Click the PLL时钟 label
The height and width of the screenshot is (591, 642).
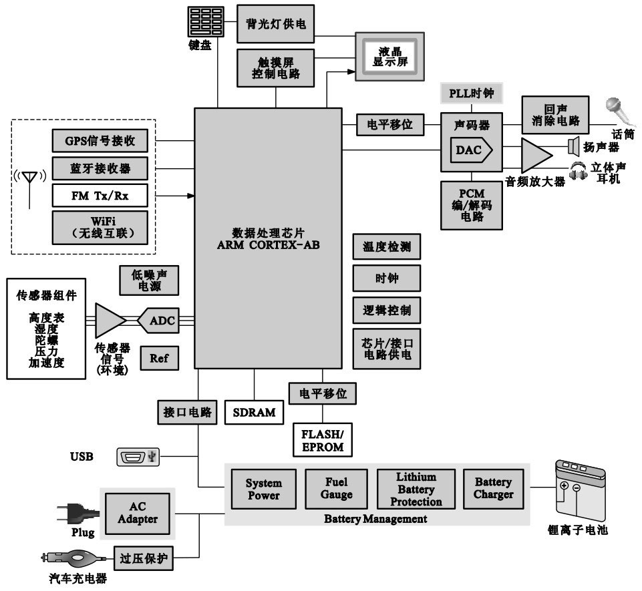click(471, 93)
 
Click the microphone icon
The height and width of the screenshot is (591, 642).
click(615, 108)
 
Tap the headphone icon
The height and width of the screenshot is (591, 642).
click(578, 170)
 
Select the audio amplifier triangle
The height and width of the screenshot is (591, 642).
click(536, 156)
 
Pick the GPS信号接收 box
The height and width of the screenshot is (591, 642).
click(100, 141)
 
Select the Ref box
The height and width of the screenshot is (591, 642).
click(159, 358)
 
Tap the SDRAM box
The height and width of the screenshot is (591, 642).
click(254, 412)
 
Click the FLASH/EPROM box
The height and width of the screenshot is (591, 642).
click(322, 440)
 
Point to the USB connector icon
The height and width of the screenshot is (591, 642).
click(138, 457)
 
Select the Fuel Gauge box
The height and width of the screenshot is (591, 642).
click(336, 489)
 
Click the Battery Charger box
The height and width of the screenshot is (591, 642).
click(494, 488)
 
